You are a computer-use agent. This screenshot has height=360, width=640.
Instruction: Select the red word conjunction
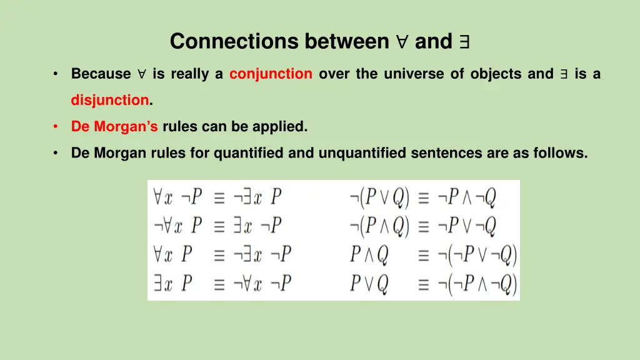[271, 74]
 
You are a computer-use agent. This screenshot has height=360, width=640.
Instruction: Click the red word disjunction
[110, 100]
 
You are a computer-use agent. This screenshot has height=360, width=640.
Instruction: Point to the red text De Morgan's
[114, 126]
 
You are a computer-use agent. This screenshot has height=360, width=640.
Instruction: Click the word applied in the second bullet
[280, 126]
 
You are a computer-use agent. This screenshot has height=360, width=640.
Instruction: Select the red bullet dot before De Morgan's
[56, 126]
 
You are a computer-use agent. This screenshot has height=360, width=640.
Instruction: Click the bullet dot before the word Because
[56, 74]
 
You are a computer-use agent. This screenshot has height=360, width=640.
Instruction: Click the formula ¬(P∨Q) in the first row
[379, 198]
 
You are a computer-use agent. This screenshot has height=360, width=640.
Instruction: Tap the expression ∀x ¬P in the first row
[178, 198]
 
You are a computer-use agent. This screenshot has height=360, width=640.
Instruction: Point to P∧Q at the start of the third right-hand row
[369, 256]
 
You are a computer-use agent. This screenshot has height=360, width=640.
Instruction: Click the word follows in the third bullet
[560, 152]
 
